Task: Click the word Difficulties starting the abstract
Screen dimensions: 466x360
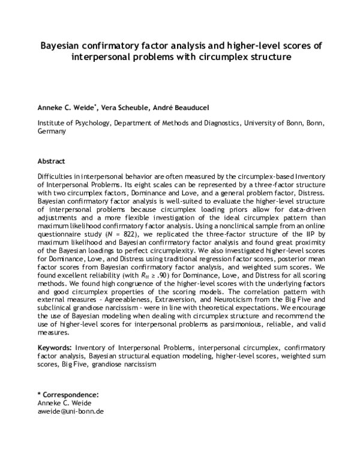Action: (58, 178)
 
